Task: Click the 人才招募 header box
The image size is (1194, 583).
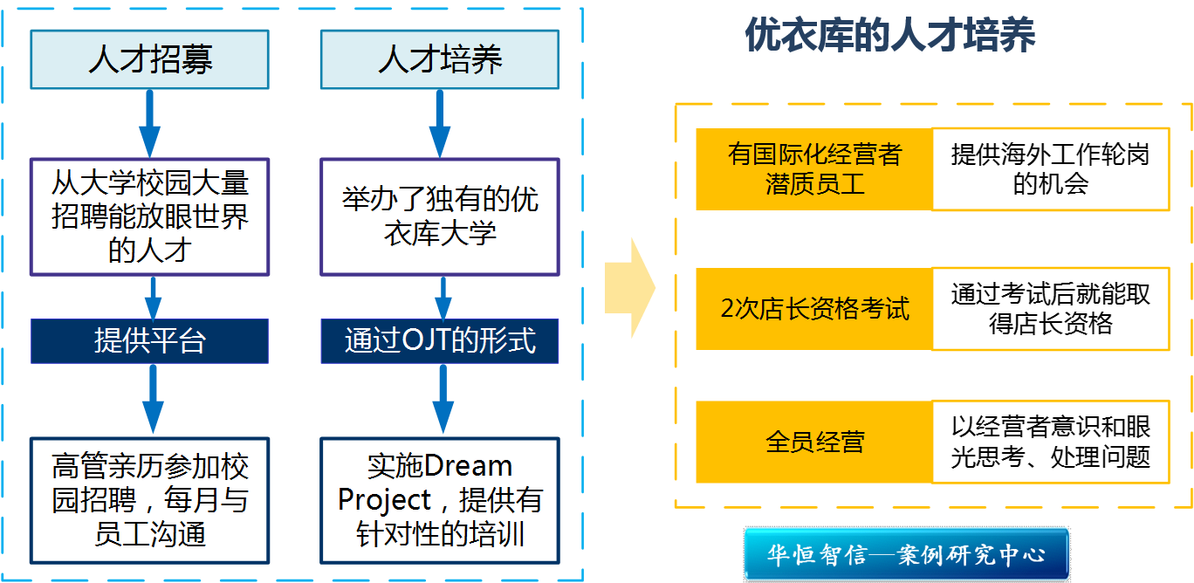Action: coord(150,60)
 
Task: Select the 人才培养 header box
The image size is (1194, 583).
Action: coord(440,60)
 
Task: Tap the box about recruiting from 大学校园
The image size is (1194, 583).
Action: coord(150,216)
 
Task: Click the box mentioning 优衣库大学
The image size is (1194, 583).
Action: coord(440,216)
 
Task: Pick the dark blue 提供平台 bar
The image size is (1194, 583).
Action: coord(150,340)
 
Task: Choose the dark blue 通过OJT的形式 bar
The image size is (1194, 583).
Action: coord(440,340)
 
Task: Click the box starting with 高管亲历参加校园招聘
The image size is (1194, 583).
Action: coord(150,499)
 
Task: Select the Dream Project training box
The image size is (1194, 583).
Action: coord(440,499)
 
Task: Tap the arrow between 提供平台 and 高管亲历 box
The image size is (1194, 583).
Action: coord(153,398)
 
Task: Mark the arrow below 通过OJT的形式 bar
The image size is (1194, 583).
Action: coord(443,398)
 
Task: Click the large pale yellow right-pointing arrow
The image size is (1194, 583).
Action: coord(630,288)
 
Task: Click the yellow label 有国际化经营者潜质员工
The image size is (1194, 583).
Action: coord(814,169)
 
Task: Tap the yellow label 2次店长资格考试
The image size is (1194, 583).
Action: coord(814,309)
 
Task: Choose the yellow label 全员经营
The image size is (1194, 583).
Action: coord(814,442)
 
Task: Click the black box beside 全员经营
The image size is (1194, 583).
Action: coord(1051,442)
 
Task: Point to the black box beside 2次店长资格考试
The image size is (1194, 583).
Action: coord(1051,309)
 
